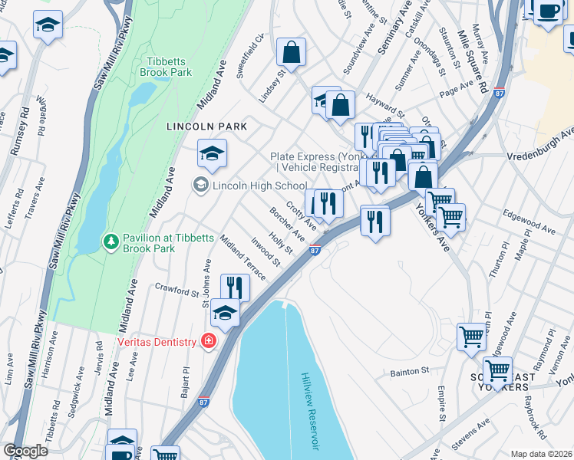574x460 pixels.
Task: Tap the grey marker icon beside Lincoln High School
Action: (201, 185)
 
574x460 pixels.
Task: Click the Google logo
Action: (25, 450)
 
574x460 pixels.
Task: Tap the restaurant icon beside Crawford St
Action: (235, 287)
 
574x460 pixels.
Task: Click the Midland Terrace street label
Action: (242, 258)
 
